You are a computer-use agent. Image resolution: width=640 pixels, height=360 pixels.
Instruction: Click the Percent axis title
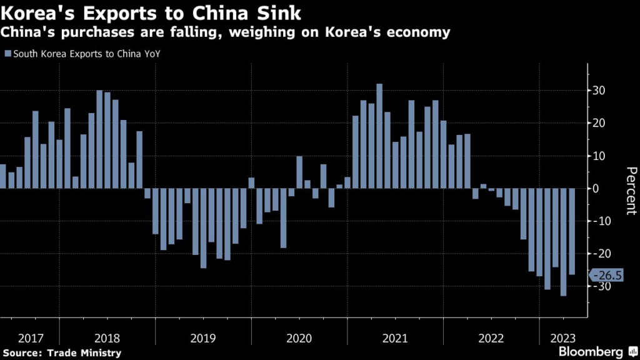tap(631, 191)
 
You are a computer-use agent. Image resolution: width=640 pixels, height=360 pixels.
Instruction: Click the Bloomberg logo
tap(591, 351)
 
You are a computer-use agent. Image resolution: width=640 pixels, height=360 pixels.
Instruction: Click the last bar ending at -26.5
tap(572, 231)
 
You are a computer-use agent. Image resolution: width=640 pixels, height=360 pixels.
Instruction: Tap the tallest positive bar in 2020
tap(299, 172)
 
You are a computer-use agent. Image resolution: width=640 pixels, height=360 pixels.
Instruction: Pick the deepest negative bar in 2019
tap(203, 227)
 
